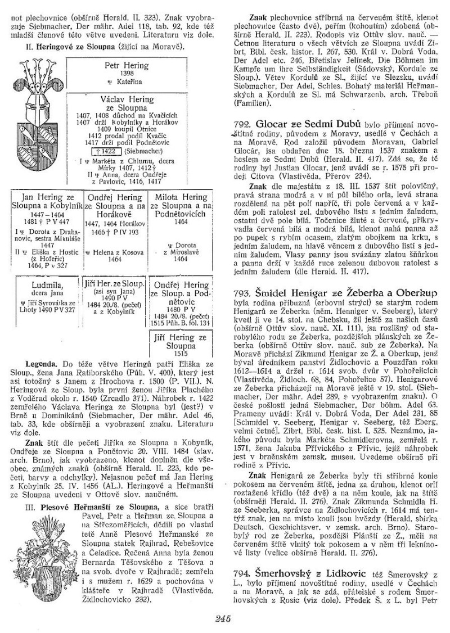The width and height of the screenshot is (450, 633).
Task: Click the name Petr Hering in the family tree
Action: click(127, 65)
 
